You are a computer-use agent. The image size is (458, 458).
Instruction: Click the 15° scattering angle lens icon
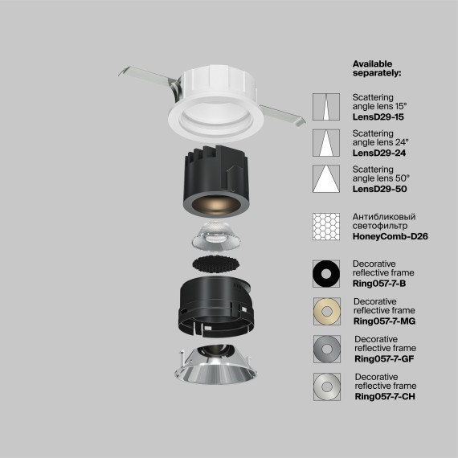pyautogui.click(x=328, y=107)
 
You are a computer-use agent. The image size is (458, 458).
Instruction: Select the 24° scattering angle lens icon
pyautogui.click(x=328, y=143)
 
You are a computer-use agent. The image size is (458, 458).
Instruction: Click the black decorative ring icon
pyautogui.click(x=328, y=273)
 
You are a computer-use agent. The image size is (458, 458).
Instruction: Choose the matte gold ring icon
pyautogui.click(x=328, y=312)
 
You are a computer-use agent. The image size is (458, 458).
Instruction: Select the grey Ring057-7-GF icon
pyautogui.click(x=328, y=350)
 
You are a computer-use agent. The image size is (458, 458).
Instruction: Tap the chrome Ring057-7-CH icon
pyautogui.click(x=328, y=387)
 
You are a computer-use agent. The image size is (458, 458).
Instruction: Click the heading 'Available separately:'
pyautogui.click(x=377, y=67)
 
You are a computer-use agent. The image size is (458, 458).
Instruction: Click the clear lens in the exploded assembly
pyautogui.click(x=215, y=237)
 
